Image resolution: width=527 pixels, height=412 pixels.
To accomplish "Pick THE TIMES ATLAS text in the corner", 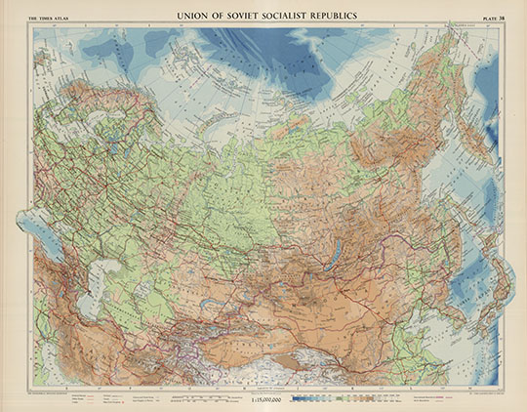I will [51, 15].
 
